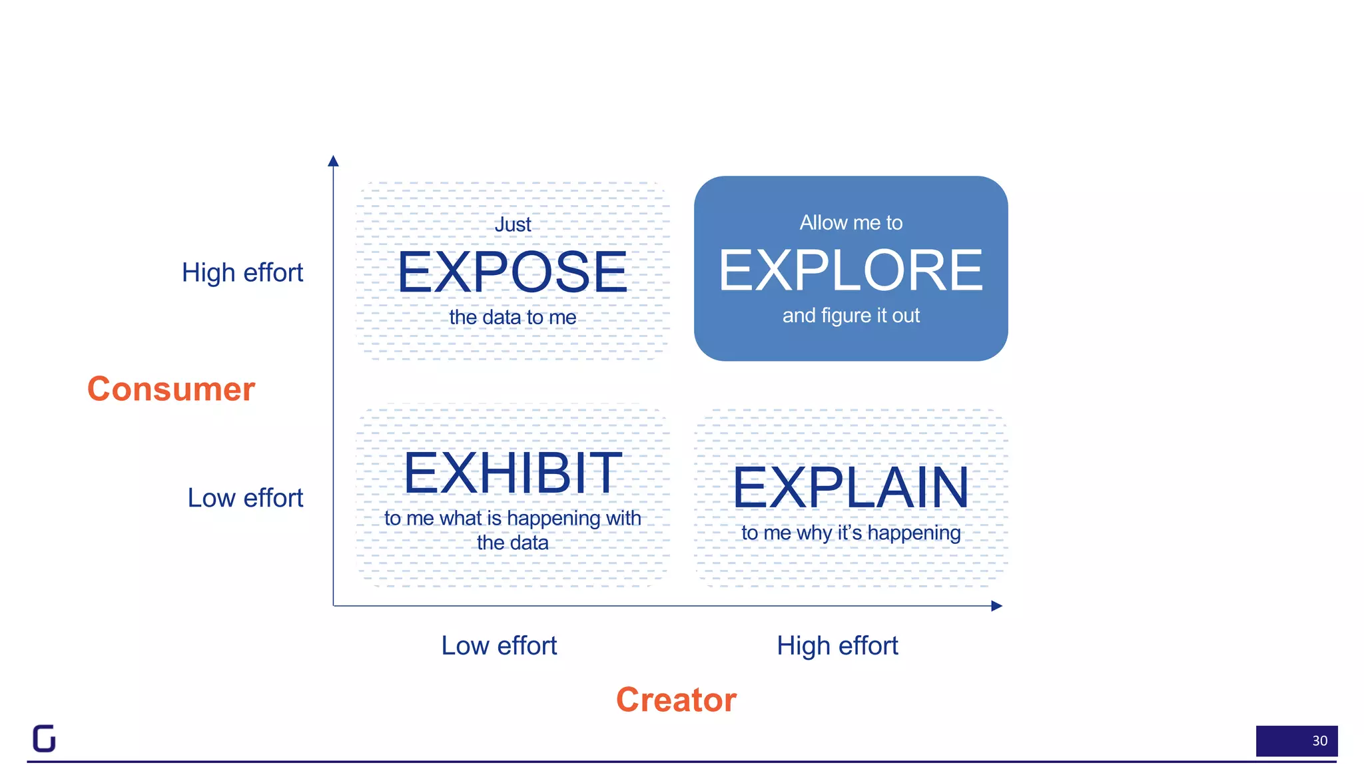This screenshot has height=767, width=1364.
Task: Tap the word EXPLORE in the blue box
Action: pyautogui.click(x=851, y=270)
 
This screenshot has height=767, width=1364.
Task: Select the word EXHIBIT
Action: pyautogui.click(x=512, y=473)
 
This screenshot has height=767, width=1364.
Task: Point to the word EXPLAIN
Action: pyautogui.click(x=851, y=488)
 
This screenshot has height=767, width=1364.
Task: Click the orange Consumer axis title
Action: pyautogui.click(x=171, y=389)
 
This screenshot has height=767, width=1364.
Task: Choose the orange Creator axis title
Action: pyautogui.click(x=676, y=700)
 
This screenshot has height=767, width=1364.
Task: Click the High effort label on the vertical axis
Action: pyautogui.click(x=242, y=272)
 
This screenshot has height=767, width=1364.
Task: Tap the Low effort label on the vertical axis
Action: pyautogui.click(x=245, y=498)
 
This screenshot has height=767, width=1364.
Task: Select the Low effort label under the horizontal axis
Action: pyautogui.click(x=499, y=646)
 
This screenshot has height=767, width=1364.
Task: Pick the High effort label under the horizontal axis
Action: pyautogui.click(x=837, y=646)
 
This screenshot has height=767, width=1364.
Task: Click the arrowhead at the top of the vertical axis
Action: pyautogui.click(x=334, y=160)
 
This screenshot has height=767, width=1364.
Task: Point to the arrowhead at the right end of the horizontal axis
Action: pyautogui.click(x=996, y=606)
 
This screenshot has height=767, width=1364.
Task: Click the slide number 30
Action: pyautogui.click(x=1319, y=741)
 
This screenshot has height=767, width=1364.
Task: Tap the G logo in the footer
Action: pyautogui.click(x=45, y=738)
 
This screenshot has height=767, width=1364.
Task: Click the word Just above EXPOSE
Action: pyautogui.click(x=513, y=225)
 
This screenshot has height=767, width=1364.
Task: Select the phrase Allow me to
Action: pyautogui.click(x=851, y=222)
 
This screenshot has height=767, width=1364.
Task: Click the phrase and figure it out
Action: pyautogui.click(x=851, y=316)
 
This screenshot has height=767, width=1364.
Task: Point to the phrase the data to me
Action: pyautogui.click(x=513, y=318)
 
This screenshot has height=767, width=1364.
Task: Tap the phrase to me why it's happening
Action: pyautogui.click(x=851, y=533)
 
